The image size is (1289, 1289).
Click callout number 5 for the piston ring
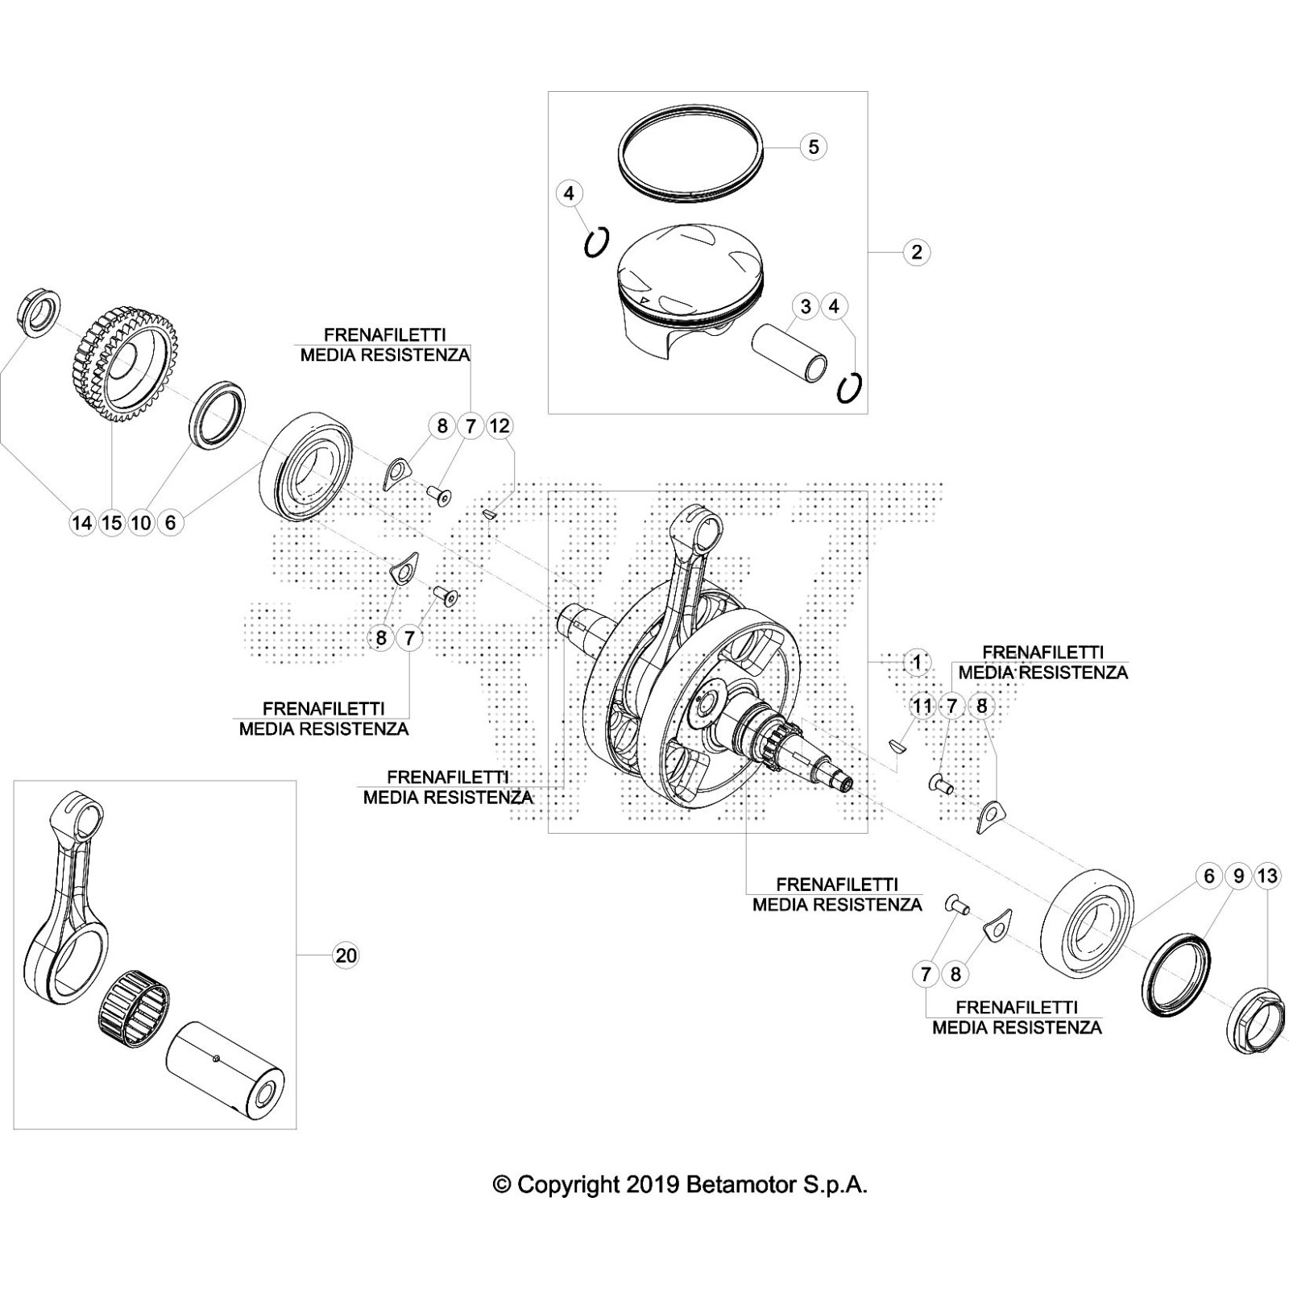click(813, 147)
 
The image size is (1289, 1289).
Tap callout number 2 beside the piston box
click(917, 252)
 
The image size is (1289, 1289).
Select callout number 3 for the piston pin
click(805, 306)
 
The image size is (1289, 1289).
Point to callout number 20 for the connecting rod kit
click(345, 955)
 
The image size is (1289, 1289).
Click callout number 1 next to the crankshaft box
click(917, 662)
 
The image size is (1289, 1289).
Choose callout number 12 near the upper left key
click(499, 425)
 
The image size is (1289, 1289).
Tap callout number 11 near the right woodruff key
click(922, 707)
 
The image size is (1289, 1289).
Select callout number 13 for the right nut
click(1267, 876)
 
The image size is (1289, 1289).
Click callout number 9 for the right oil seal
click(1238, 876)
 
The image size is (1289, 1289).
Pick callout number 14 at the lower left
click(81, 523)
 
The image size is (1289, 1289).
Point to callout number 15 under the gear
click(111, 523)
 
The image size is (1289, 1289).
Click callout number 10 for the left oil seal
click(141, 523)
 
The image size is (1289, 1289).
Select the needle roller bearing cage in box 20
click(134, 1008)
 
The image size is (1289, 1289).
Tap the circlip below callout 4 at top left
click(595, 242)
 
